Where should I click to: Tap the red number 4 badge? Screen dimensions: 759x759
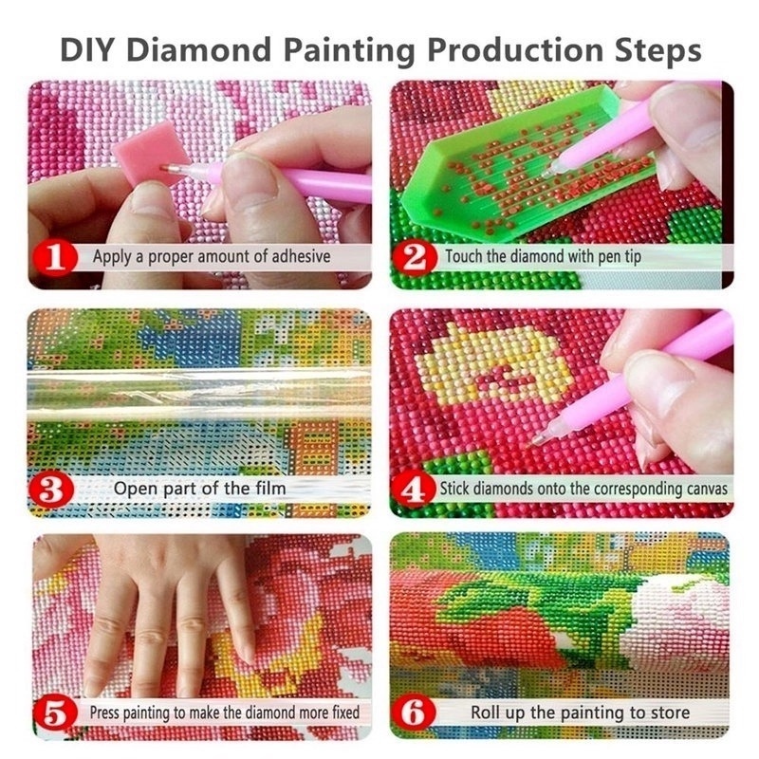coord(415,491)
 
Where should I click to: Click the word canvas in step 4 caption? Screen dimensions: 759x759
coord(705,490)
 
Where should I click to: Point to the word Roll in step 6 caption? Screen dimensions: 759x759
coord(488,712)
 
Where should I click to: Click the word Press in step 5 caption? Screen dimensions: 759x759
coord(106,712)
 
